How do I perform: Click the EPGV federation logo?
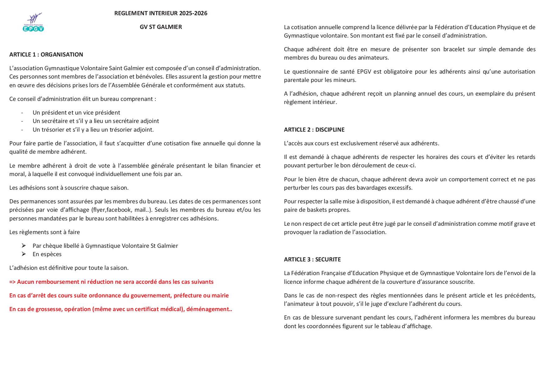tap(33, 22)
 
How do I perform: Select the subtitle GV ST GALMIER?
tap(161, 27)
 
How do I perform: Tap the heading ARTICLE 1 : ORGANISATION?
tap(46, 55)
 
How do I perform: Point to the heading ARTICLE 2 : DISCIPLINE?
tap(314, 130)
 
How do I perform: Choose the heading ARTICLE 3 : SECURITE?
tap(312, 260)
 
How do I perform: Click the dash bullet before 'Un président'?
tap(22, 113)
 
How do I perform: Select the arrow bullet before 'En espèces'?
tap(24, 254)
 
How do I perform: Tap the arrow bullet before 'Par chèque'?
tap(24, 246)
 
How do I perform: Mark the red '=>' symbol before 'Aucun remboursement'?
tap(12, 282)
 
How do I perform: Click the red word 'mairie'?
tap(220, 296)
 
